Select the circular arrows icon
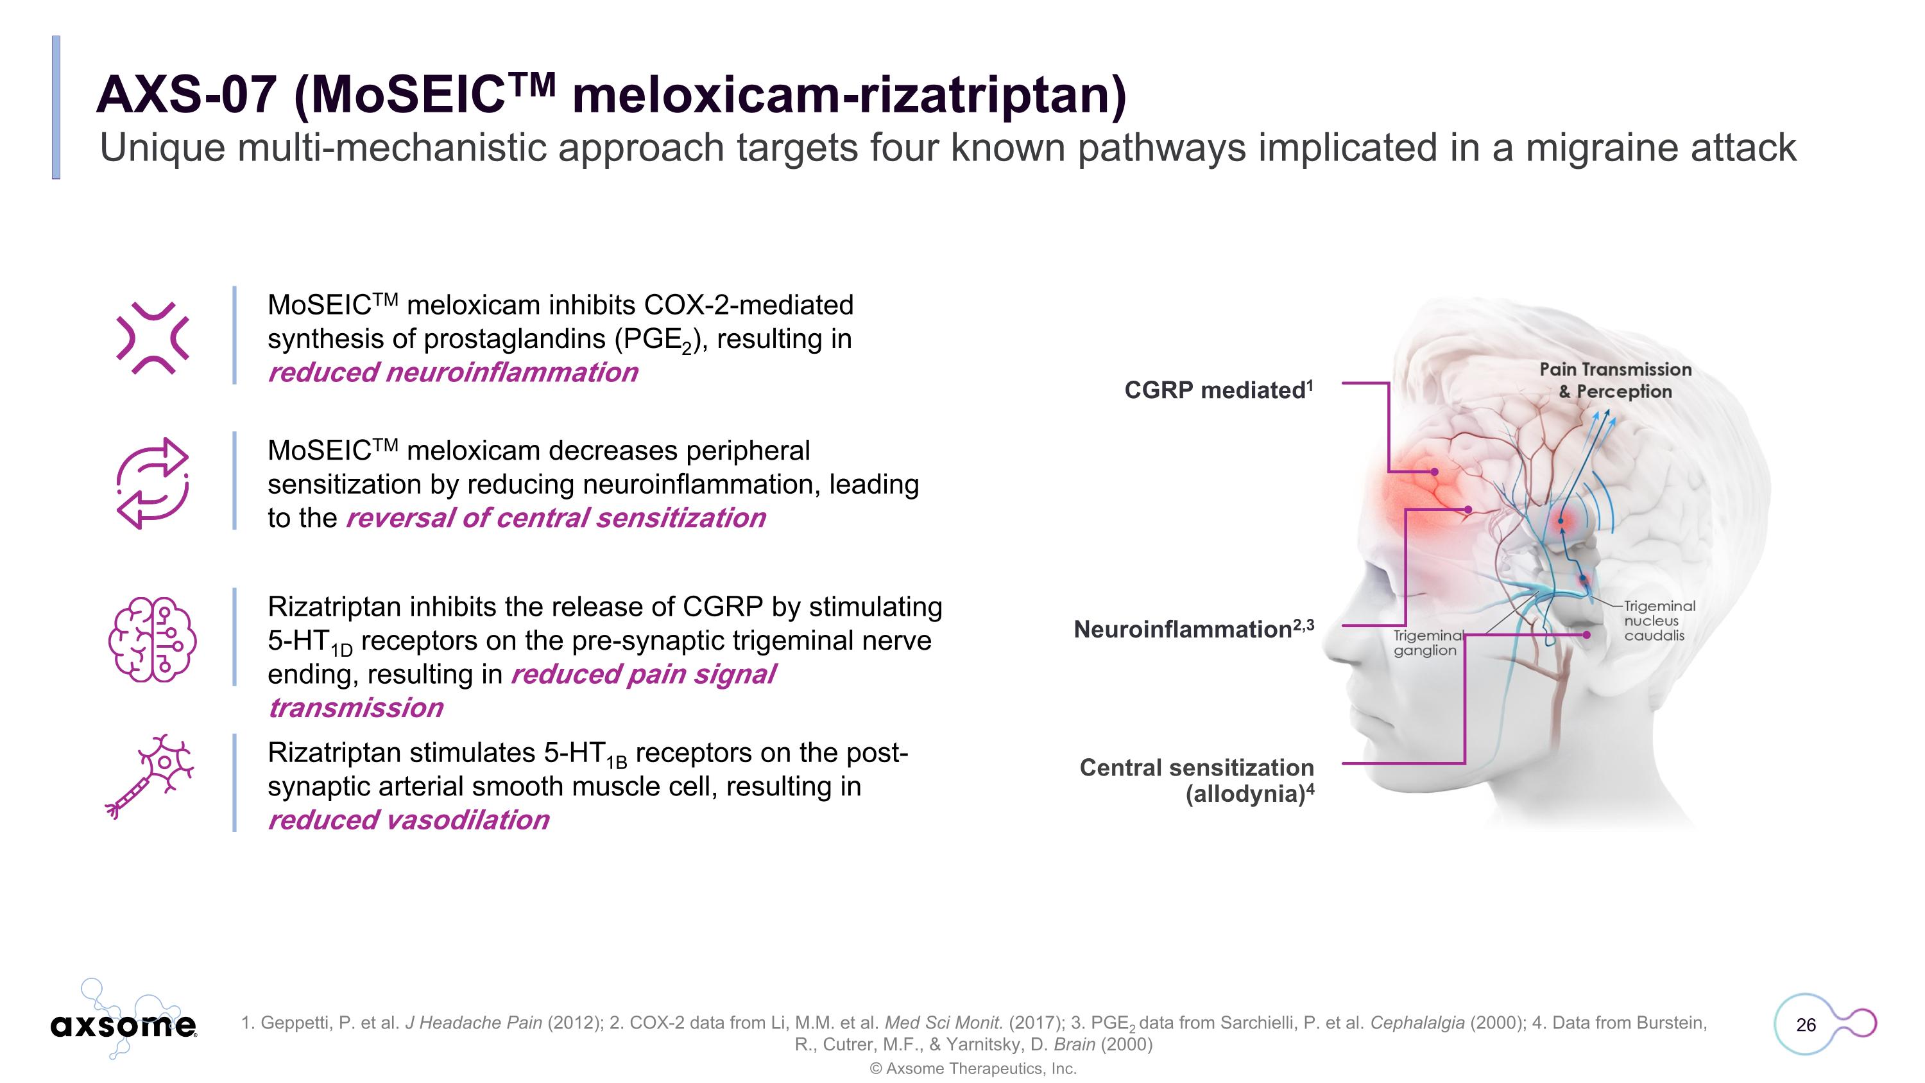153,483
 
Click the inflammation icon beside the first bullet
153,338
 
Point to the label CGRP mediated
1217,390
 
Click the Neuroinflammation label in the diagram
1193,629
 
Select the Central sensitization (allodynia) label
1197,780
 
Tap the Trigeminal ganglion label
1425,643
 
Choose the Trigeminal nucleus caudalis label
1658,620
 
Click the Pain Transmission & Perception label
1615,381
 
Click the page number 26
1806,1025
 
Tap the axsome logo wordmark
123,1025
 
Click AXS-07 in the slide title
186,95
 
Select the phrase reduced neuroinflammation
453,372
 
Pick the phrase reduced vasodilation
409,820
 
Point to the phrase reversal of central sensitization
556,518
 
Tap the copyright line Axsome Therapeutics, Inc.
973,1069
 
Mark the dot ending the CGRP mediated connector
1435,472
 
